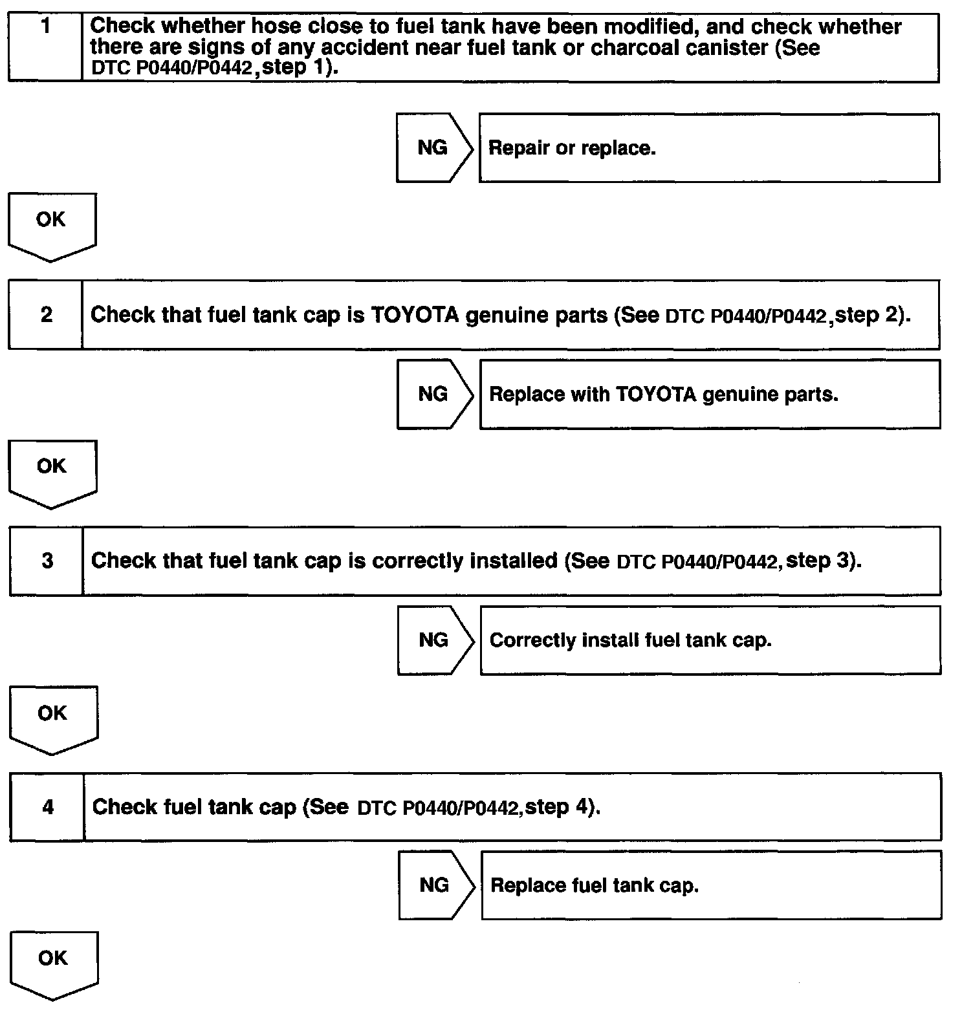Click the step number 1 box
click(45, 47)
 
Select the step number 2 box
click(46, 315)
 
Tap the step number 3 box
click(47, 561)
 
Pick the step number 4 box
click(47, 807)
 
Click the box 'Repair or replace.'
click(709, 148)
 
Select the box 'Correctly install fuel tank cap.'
click(710, 640)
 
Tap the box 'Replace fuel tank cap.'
click(711, 885)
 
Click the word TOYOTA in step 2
click(415, 315)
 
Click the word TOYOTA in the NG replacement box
click(656, 394)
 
